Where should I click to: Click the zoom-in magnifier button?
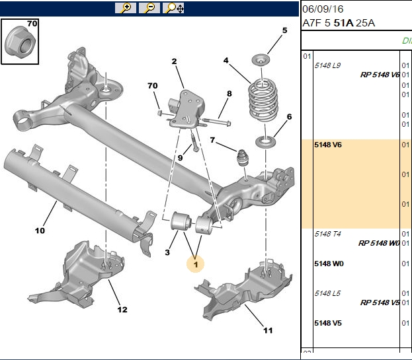(x=126, y=8)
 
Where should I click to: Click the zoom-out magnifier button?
(x=149, y=8)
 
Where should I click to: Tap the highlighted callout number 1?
(x=196, y=264)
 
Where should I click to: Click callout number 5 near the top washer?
(x=284, y=30)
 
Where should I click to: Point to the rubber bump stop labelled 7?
(x=243, y=158)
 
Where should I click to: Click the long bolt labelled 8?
(x=216, y=122)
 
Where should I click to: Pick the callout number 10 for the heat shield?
(x=40, y=231)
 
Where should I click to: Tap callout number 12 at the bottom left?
(x=122, y=310)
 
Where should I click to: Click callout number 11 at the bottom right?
(x=268, y=330)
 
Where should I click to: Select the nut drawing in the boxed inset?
(x=21, y=42)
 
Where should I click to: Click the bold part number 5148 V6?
(x=328, y=145)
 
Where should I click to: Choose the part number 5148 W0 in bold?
(x=329, y=264)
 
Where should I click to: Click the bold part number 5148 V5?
(x=328, y=323)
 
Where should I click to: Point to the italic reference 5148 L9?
(x=327, y=65)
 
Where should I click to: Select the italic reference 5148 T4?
(x=327, y=234)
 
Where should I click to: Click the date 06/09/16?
(x=323, y=9)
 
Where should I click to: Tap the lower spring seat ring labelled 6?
(x=266, y=142)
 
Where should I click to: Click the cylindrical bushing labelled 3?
(x=181, y=221)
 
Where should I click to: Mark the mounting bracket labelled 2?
(x=187, y=110)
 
